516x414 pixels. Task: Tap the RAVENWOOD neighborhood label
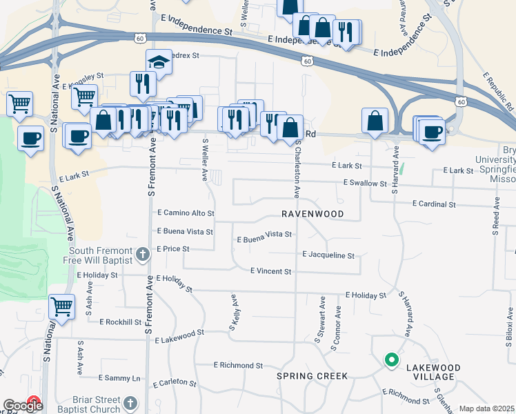point(312,214)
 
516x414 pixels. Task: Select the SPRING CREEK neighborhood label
point(312,376)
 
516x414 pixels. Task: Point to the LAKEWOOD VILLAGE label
point(424,371)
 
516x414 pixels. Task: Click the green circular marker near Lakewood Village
point(391,359)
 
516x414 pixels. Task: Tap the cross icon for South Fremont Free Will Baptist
point(142,255)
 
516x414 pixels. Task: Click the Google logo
point(23,406)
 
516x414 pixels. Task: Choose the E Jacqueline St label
point(328,255)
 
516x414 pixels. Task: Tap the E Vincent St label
point(270,272)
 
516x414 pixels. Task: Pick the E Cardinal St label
point(434,204)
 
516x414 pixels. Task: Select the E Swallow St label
point(365,184)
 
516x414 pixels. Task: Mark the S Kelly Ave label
point(234,313)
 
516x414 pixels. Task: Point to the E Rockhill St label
point(121,322)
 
